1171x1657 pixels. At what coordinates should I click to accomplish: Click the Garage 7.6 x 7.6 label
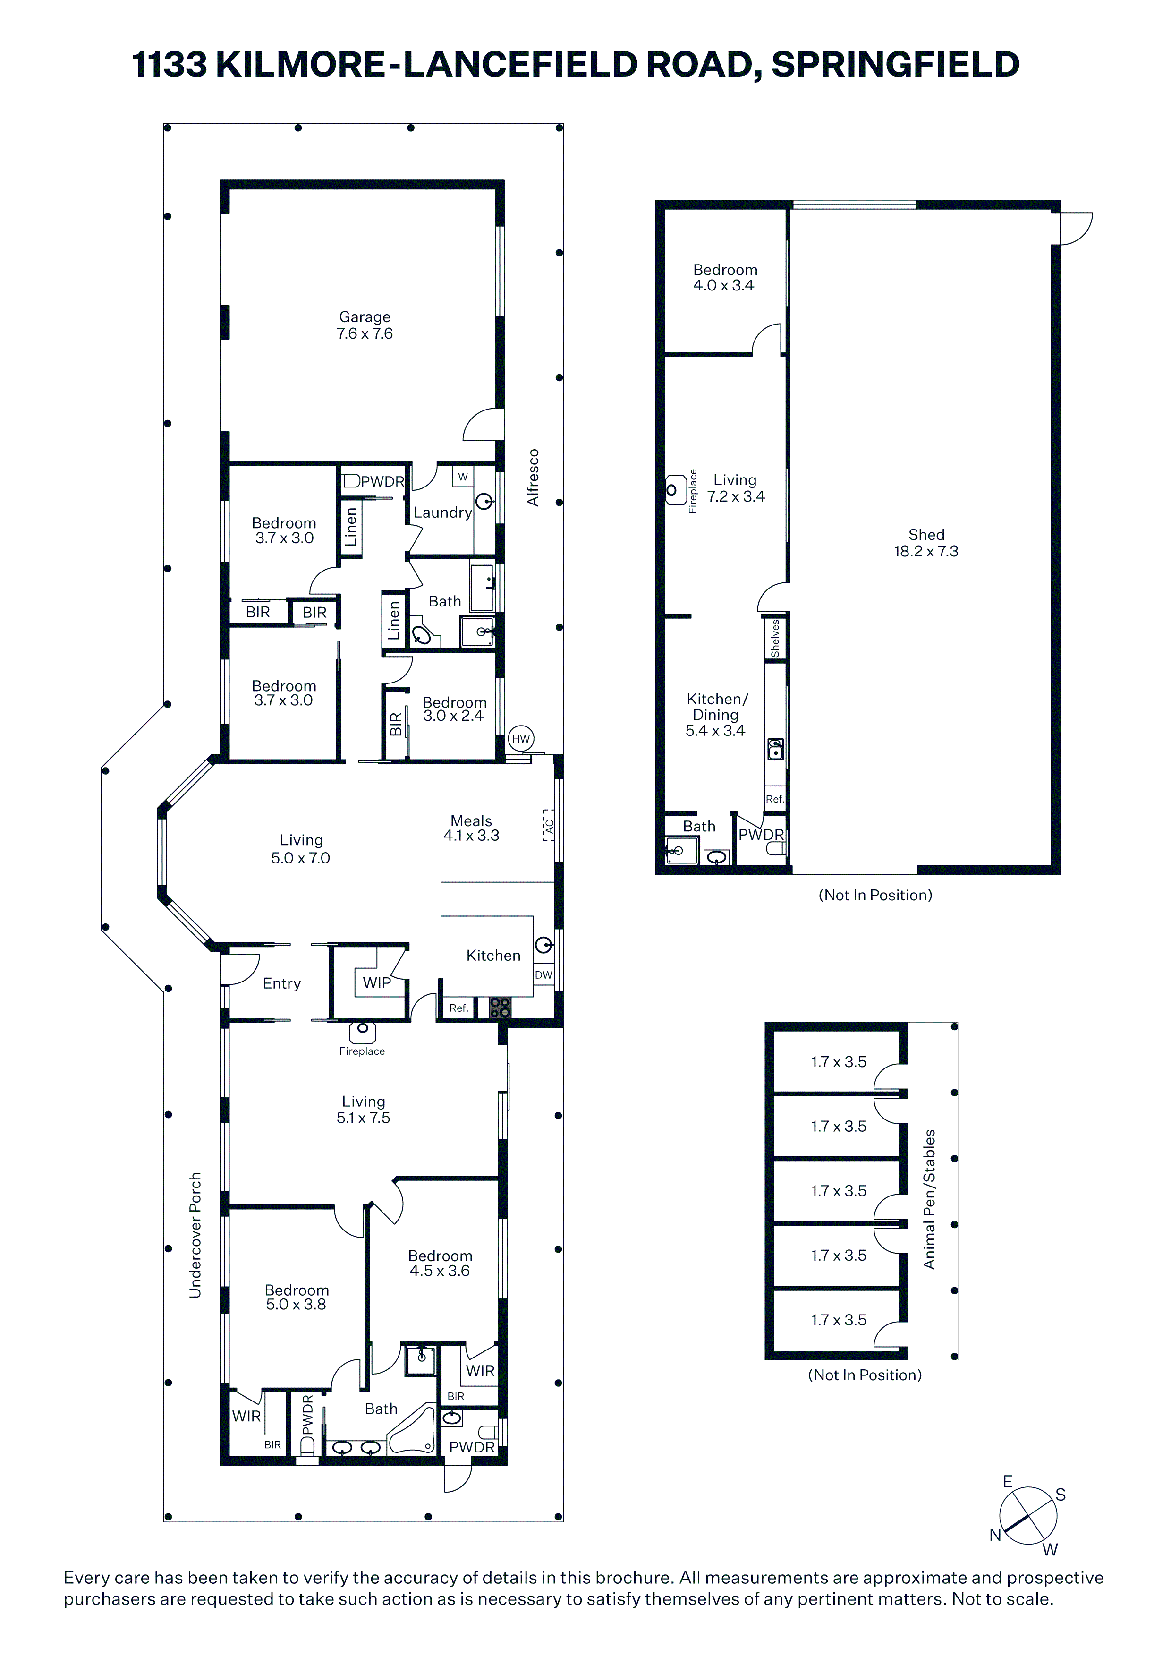[x=365, y=325]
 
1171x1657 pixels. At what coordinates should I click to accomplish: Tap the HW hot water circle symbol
[x=520, y=738]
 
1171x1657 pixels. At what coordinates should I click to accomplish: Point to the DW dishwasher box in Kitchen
[x=543, y=975]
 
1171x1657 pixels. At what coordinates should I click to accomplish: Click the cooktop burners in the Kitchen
[x=500, y=1008]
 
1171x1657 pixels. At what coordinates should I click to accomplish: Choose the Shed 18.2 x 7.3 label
[x=926, y=543]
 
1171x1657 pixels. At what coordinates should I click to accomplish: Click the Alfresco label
[x=533, y=477]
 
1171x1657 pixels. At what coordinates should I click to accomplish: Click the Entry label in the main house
[x=281, y=983]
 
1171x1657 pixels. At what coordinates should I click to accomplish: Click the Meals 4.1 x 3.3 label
[x=471, y=828]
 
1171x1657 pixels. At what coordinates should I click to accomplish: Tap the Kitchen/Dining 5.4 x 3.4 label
[x=716, y=715]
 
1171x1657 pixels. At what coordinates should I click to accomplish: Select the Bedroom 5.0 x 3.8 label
[x=297, y=1297]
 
